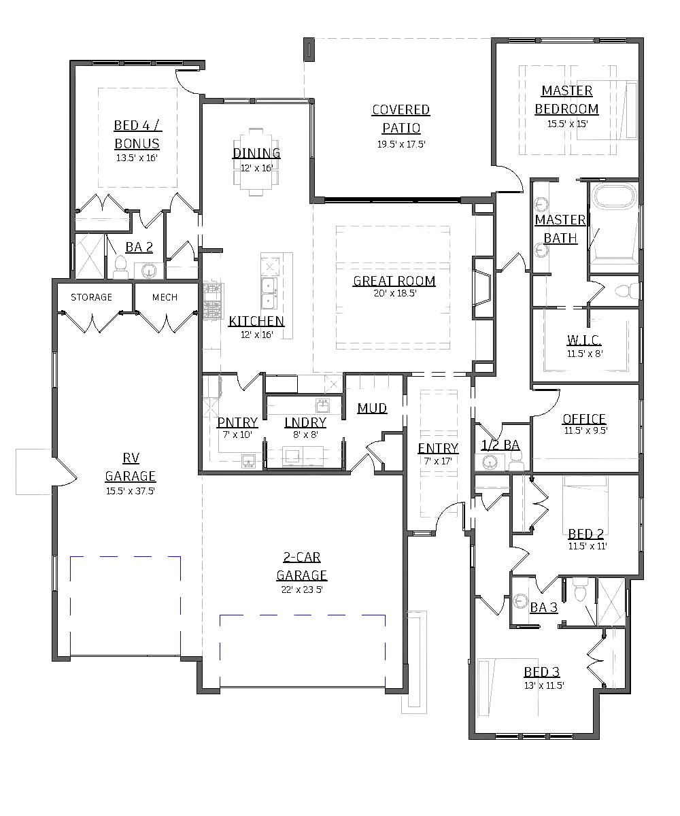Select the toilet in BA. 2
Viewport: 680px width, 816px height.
point(121,267)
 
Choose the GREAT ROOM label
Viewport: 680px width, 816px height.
point(394,281)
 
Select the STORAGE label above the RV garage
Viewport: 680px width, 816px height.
point(92,297)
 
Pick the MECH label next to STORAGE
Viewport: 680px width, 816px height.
point(164,297)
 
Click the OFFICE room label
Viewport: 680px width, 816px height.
point(584,420)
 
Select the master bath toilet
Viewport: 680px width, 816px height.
point(626,291)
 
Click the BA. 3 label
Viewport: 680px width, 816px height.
point(544,607)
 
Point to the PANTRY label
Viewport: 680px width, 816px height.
point(237,422)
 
